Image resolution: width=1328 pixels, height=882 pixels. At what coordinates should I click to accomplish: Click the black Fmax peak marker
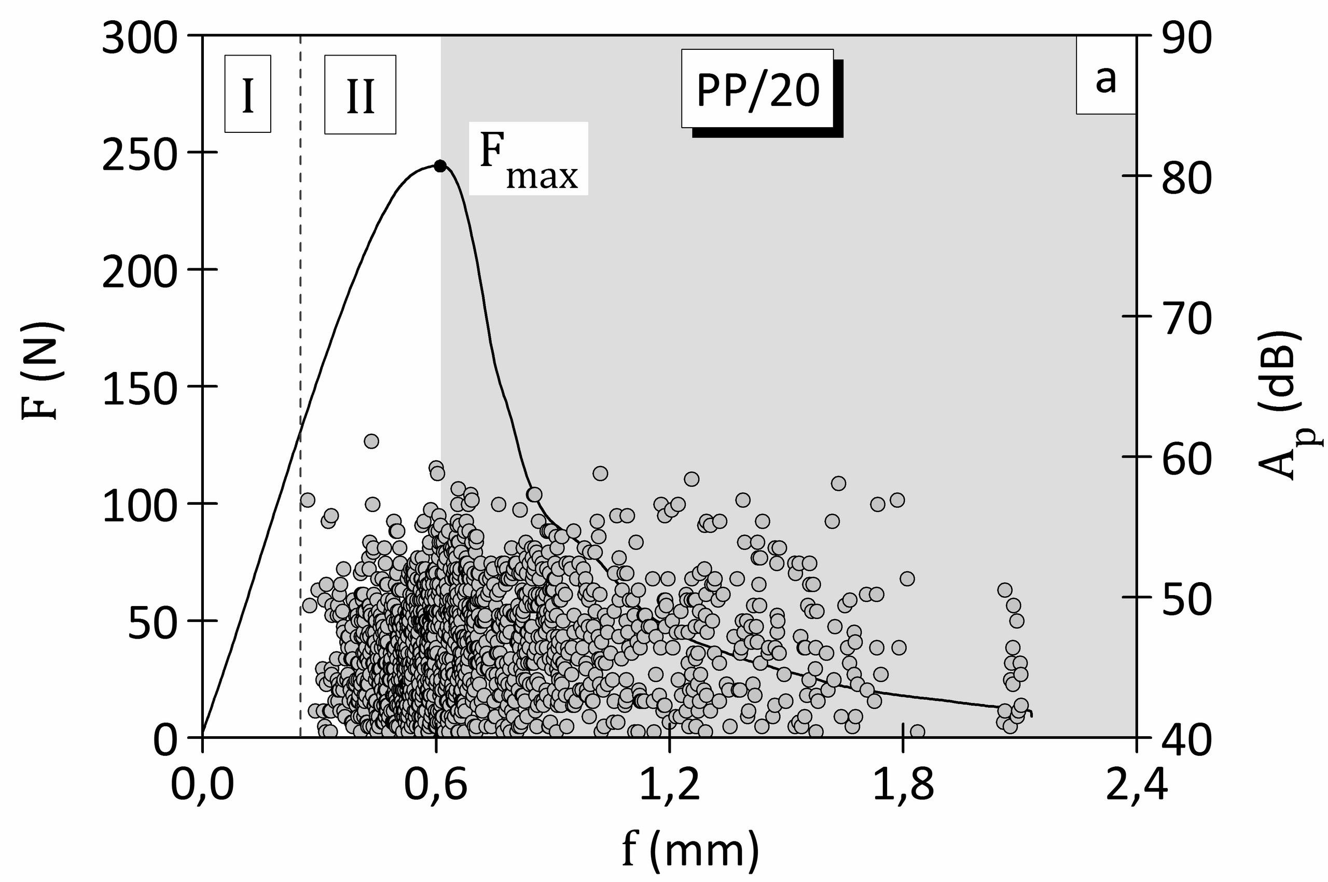[440, 166]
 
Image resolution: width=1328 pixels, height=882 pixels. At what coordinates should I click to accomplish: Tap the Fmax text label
[528, 159]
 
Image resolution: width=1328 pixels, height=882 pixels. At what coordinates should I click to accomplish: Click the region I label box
[247, 94]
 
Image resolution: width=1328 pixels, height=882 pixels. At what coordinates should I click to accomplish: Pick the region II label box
[360, 94]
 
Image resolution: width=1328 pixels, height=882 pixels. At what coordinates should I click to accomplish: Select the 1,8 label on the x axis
[903, 784]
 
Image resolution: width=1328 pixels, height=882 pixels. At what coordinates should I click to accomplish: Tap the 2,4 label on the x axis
[1136, 784]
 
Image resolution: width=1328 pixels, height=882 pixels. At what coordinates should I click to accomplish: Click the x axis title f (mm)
[691, 849]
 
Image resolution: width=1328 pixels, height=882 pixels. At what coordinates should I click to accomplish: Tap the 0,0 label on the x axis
[202, 784]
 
